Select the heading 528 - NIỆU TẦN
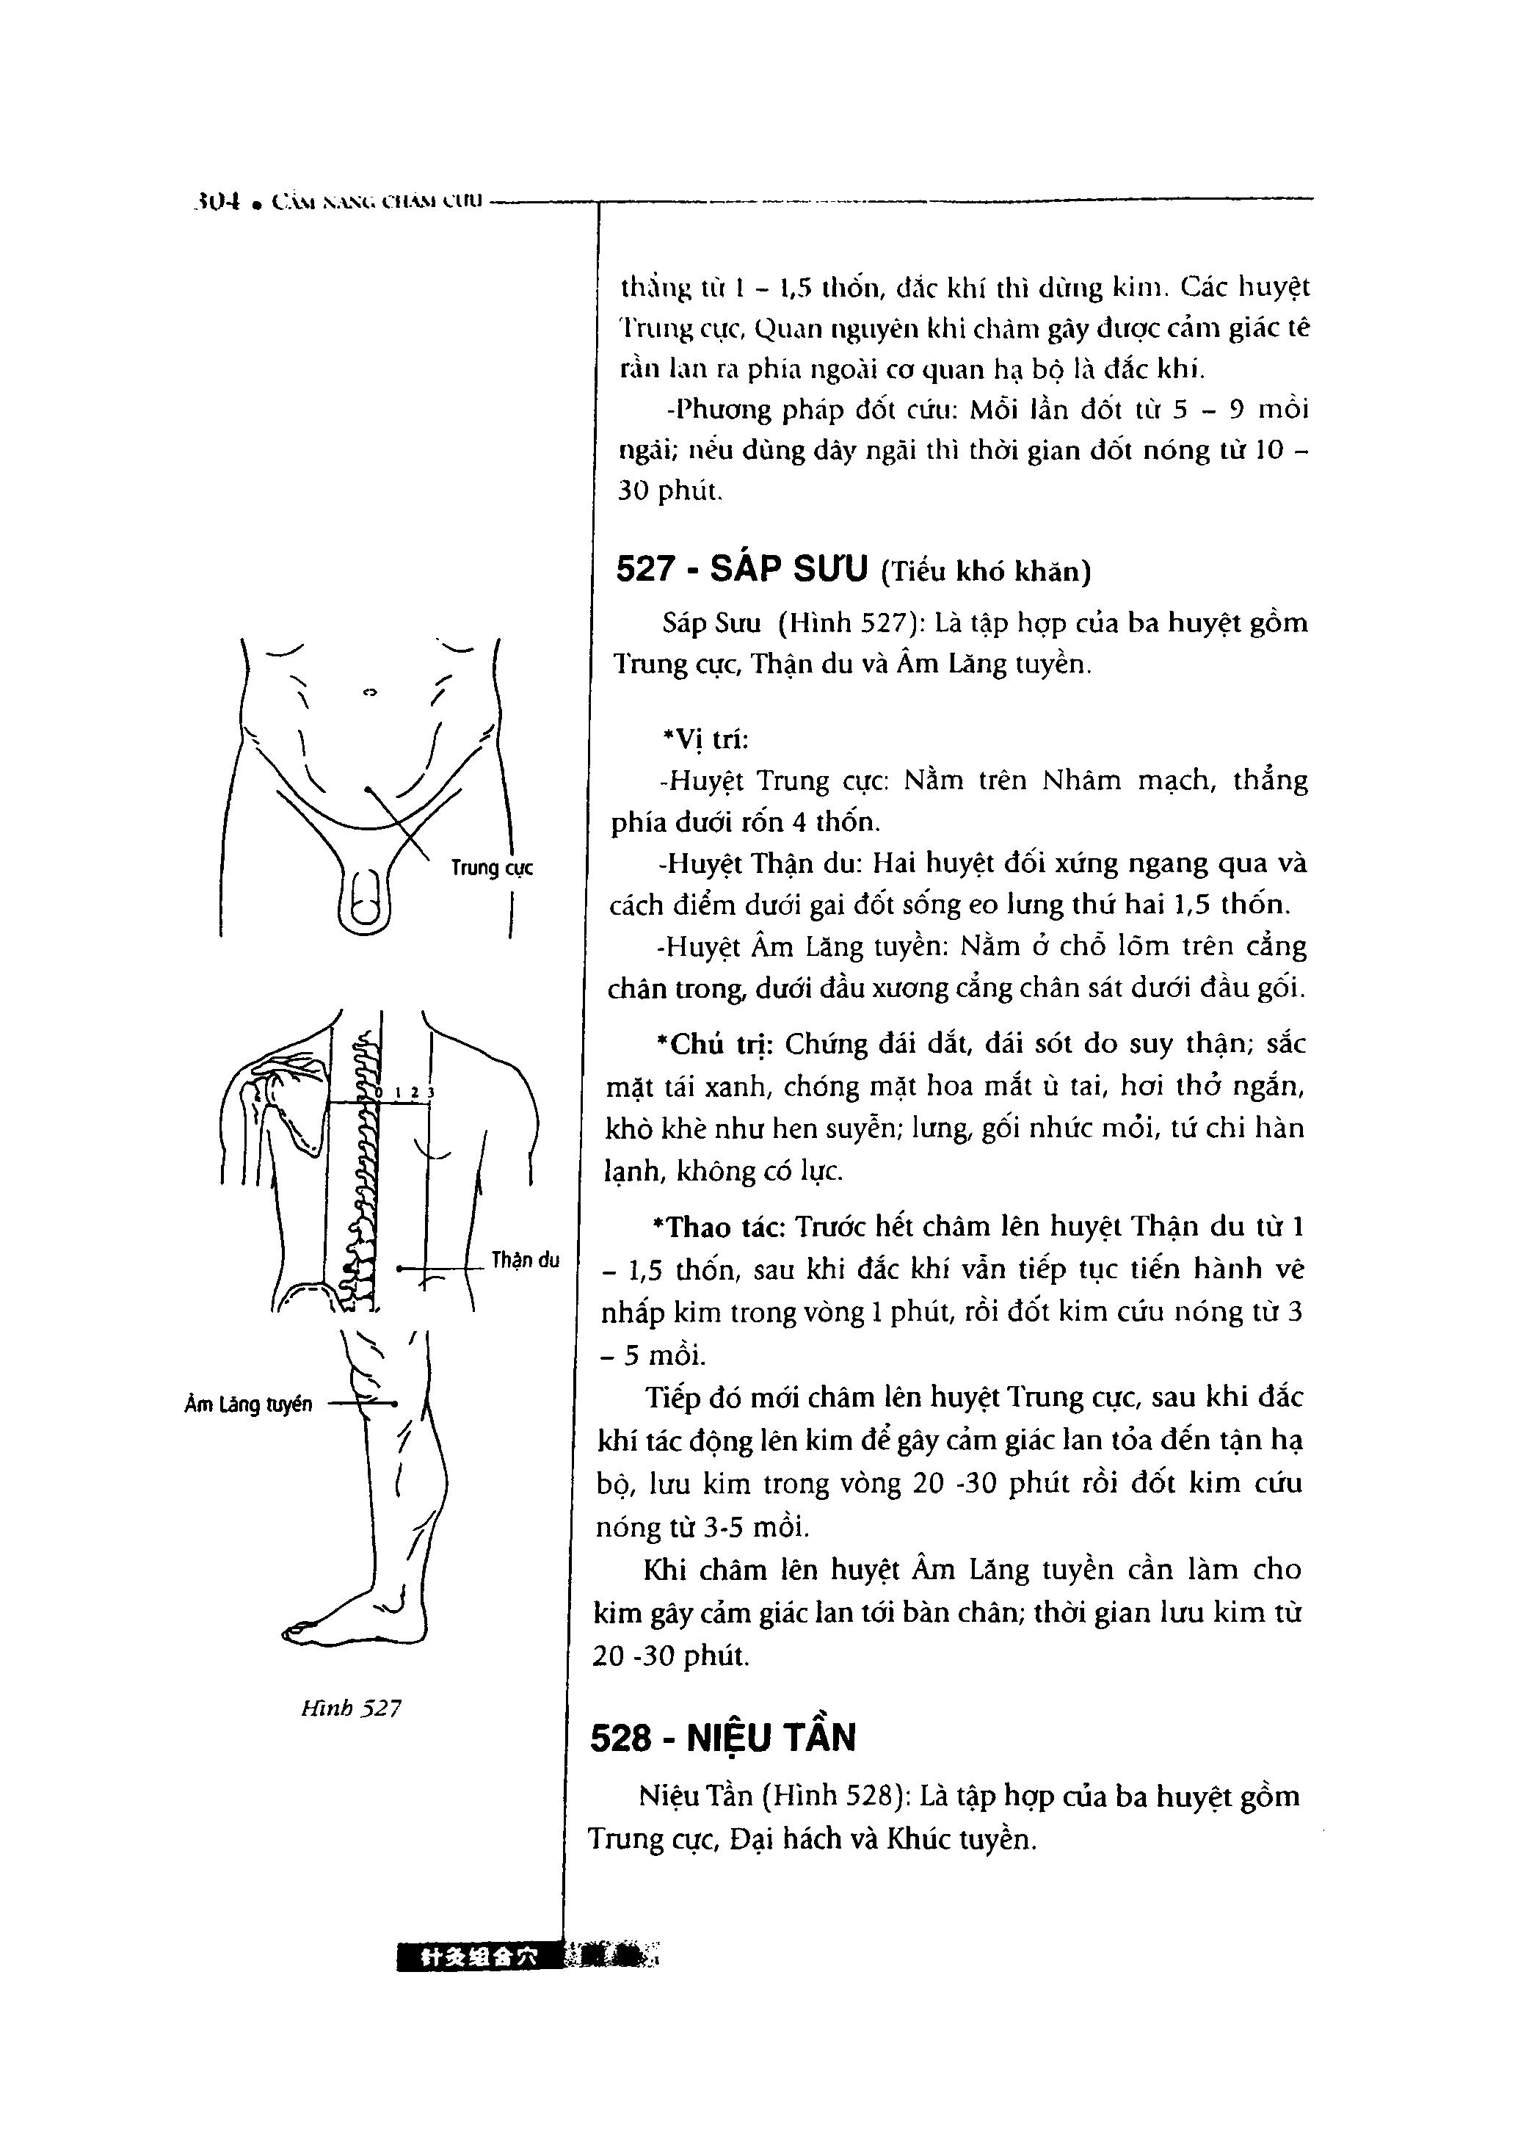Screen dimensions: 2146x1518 coord(722,1738)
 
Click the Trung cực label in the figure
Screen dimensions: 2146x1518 coord(492,869)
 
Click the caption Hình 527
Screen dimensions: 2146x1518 coord(351,1708)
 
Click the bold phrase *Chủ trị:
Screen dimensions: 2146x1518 coord(715,1043)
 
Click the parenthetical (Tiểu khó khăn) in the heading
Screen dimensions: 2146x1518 coord(985,571)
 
